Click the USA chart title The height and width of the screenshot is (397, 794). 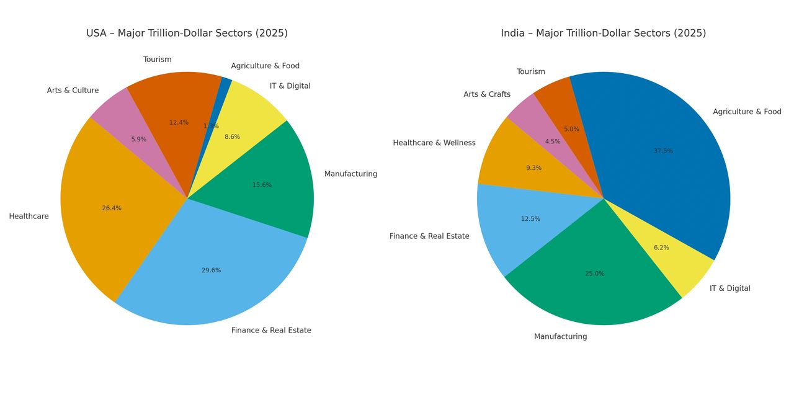point(187,33)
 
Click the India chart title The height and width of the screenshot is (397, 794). point(603,33)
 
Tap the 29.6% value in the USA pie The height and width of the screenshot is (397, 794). point(211,270)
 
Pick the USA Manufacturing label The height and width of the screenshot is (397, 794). point(350,174)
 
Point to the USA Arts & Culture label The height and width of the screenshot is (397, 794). point(73,91)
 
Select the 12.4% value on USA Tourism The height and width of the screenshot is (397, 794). point(179,123)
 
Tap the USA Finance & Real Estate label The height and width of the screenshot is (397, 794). point(271,331)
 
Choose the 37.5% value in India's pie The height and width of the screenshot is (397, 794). point(663,151)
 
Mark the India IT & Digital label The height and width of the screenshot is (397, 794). point(729,288)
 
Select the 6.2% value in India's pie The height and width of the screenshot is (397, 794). point(661,248)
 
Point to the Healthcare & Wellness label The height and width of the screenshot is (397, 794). point(434,143)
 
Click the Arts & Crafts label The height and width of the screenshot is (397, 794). point(487,95)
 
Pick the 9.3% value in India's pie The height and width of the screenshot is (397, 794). point(533,168)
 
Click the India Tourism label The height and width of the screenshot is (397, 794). point(531,72)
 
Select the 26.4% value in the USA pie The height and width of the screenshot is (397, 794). point(112,208)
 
